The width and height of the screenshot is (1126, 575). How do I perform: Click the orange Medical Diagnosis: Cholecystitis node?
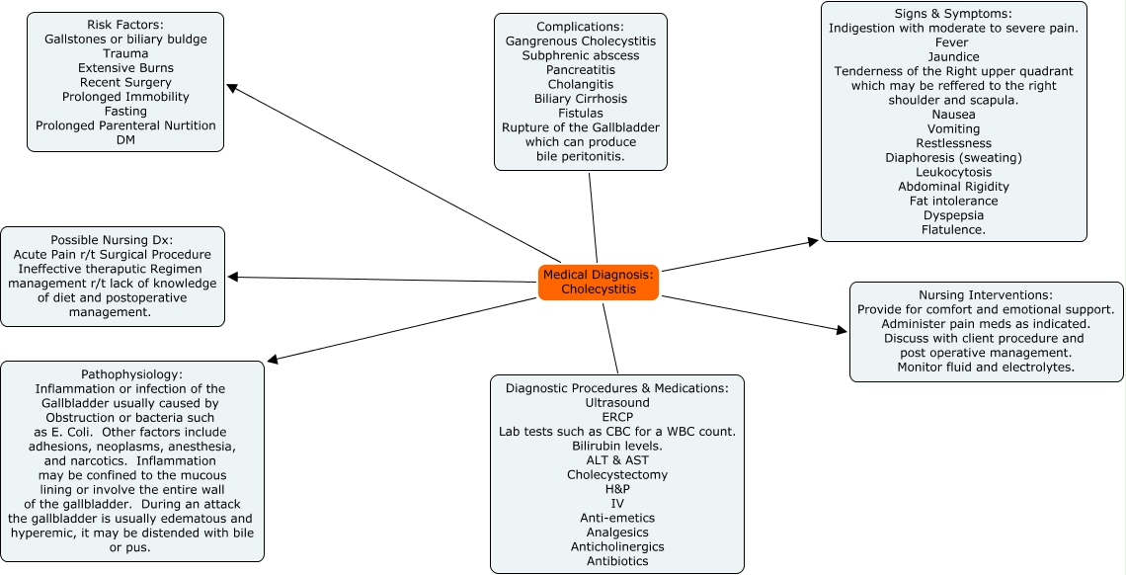(599, 282)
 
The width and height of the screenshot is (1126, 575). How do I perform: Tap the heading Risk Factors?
(125, 25)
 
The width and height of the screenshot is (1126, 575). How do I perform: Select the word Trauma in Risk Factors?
(125, 53)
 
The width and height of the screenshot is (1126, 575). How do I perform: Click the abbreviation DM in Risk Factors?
(125, 140)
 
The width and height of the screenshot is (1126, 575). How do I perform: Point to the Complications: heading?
(581, 27)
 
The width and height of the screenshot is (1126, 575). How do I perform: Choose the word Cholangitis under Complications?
(581, 85)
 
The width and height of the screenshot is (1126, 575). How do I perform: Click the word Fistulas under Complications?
(581, 114)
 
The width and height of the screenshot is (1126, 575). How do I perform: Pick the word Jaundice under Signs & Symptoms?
(953, 57)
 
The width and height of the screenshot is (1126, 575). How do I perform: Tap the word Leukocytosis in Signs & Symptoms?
(953, 172)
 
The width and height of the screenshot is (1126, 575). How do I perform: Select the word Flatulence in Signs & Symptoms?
(953, 230)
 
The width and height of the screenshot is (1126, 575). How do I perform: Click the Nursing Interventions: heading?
(986, 295)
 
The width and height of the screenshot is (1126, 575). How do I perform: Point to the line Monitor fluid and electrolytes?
(986, 368)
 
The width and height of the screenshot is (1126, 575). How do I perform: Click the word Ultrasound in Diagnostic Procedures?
(617, 403)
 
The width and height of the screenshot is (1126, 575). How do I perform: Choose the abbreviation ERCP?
(617, 417)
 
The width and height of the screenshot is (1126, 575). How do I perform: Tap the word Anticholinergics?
(617, 546)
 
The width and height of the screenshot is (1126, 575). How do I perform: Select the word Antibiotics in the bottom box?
(617, 561)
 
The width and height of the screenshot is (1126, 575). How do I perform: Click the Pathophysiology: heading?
(131, 374)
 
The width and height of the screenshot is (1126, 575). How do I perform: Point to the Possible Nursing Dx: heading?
(112, 240)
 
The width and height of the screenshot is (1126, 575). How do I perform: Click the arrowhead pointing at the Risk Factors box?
(232, 87)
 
